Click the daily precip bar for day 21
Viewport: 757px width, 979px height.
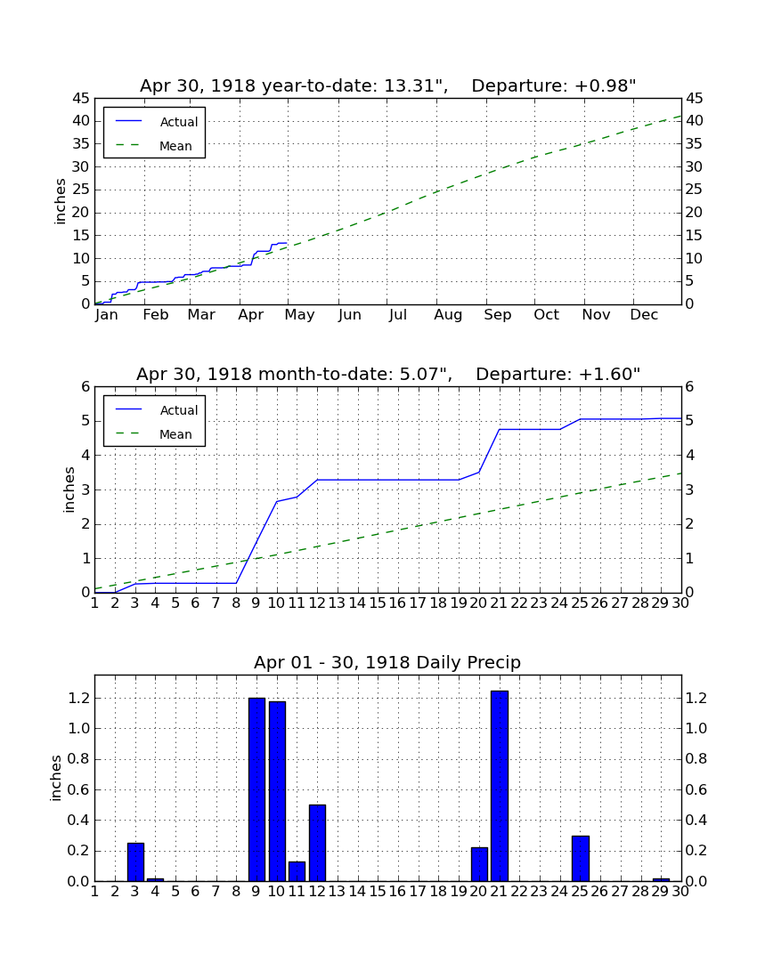500,786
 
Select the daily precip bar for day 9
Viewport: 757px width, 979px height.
256,789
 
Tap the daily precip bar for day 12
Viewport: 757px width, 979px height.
317,843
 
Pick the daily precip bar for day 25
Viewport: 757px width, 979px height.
581,859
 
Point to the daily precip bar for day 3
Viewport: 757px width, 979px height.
135,862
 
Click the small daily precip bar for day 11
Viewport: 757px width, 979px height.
297,871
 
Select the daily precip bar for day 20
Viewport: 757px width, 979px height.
479,864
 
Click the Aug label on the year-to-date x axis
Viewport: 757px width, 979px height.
449,315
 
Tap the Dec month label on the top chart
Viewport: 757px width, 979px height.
644,315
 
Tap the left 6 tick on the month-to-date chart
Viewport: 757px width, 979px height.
86,386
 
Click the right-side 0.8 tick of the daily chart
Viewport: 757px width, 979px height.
696,758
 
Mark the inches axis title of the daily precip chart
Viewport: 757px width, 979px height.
56,778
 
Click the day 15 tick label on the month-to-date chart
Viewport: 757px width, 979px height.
378,603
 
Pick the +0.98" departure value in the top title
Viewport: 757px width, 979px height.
606,85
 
